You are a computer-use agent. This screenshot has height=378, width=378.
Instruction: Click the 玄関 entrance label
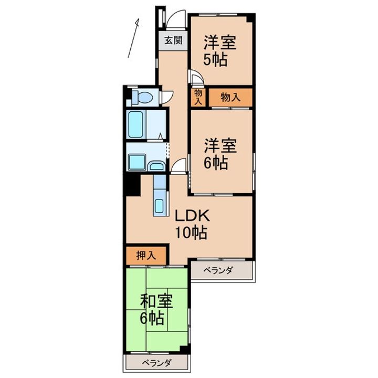[173, 40]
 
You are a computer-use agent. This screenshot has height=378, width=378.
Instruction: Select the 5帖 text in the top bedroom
[216, 60]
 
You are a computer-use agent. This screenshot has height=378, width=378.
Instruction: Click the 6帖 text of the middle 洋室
[216, 163]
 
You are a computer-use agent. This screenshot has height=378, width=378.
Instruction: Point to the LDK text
[192, 215]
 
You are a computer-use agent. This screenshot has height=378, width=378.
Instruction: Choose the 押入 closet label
[146, 256]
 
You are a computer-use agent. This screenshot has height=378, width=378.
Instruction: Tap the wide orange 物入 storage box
[230, 97]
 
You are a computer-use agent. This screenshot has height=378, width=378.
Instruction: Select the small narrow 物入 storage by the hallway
[198, 97]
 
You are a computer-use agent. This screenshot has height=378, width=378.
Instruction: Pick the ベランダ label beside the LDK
[219, 270]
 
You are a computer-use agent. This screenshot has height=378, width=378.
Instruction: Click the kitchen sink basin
[160, 205]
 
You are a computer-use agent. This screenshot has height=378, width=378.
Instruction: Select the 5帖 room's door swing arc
[196, 79]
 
